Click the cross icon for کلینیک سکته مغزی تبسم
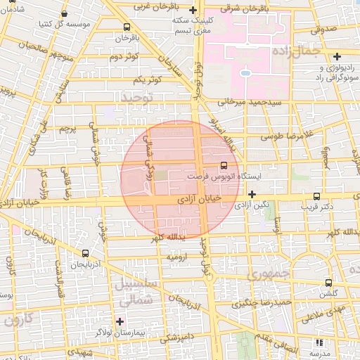coord(183,11)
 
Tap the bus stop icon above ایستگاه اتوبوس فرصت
coord(224,165)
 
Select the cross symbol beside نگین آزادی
coord(252,193)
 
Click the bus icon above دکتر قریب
coord(316,196)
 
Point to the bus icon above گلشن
coord(328,282)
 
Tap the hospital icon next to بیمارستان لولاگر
coord(119,321)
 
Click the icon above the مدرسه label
coord(319,342)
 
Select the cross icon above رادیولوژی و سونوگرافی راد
coord(337,56)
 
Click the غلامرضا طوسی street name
coord(284,139)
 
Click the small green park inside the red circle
coord(161,175)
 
